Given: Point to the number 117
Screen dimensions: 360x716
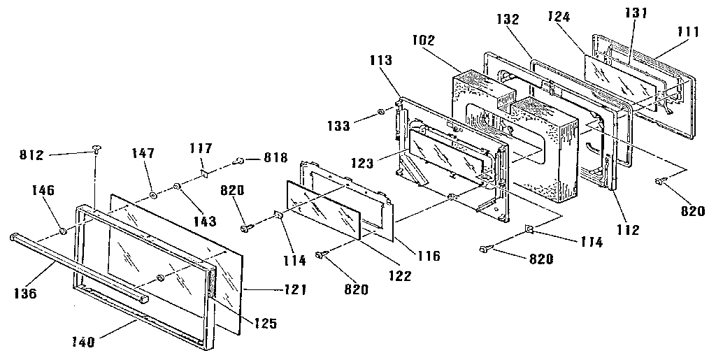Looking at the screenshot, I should [x=202, y=148].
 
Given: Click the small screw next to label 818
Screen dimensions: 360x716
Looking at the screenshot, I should [x=238, y=161].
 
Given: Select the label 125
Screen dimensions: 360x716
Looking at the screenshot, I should [x=264, y=324].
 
